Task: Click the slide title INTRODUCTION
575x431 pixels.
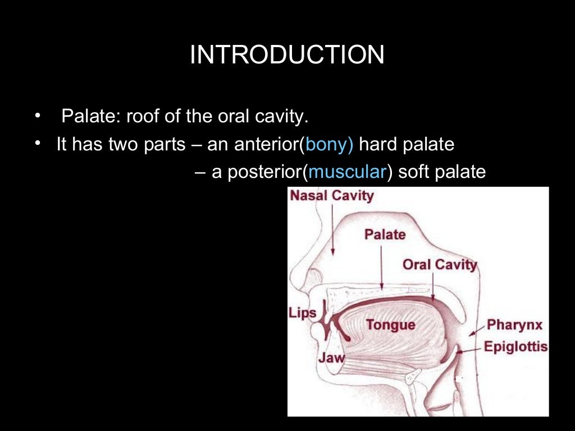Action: [287, 56]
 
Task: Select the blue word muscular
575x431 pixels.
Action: [346, 172]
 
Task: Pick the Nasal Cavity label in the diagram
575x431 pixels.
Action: [331, 196]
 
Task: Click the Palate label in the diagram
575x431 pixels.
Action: [385, 234]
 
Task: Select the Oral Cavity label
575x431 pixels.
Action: [440, 264]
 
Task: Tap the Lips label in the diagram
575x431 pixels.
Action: [303, 313]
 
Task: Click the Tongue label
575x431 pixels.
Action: [390, 324]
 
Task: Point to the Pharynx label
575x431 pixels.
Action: [514, 324]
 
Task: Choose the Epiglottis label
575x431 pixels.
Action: [515, 346]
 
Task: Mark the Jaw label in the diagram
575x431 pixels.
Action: [331, 357]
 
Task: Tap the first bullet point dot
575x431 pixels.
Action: [38, 117]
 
